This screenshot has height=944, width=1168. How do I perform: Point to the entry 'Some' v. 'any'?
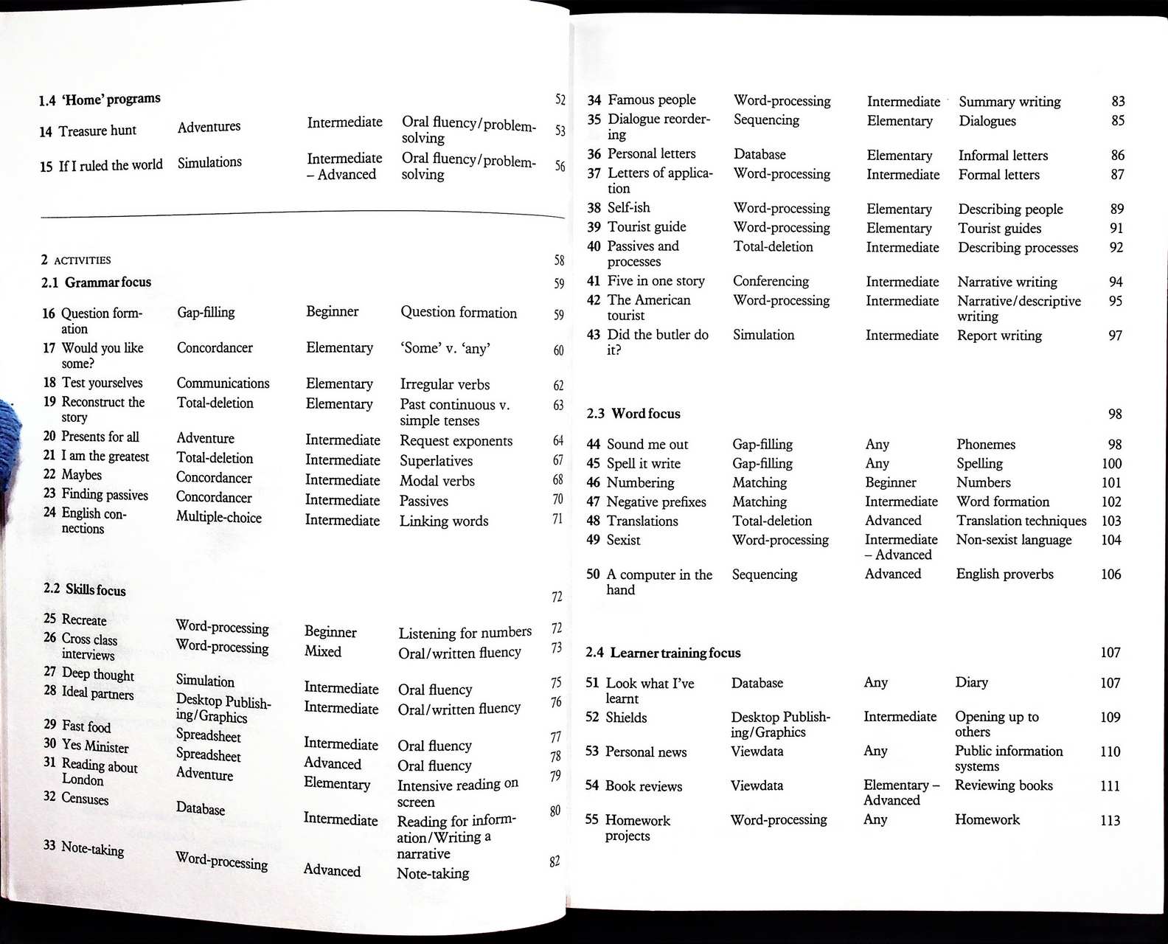445,348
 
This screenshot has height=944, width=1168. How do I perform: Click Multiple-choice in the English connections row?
218,517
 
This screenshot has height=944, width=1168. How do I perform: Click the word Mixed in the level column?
323,651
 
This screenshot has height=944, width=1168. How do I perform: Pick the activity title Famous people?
651,100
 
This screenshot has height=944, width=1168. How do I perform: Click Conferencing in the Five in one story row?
771,281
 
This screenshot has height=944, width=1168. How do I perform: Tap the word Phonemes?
986,444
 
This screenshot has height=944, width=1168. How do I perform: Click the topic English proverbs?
1004,574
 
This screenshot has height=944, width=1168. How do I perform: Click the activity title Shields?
626,717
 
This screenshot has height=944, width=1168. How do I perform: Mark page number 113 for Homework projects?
1110,820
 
